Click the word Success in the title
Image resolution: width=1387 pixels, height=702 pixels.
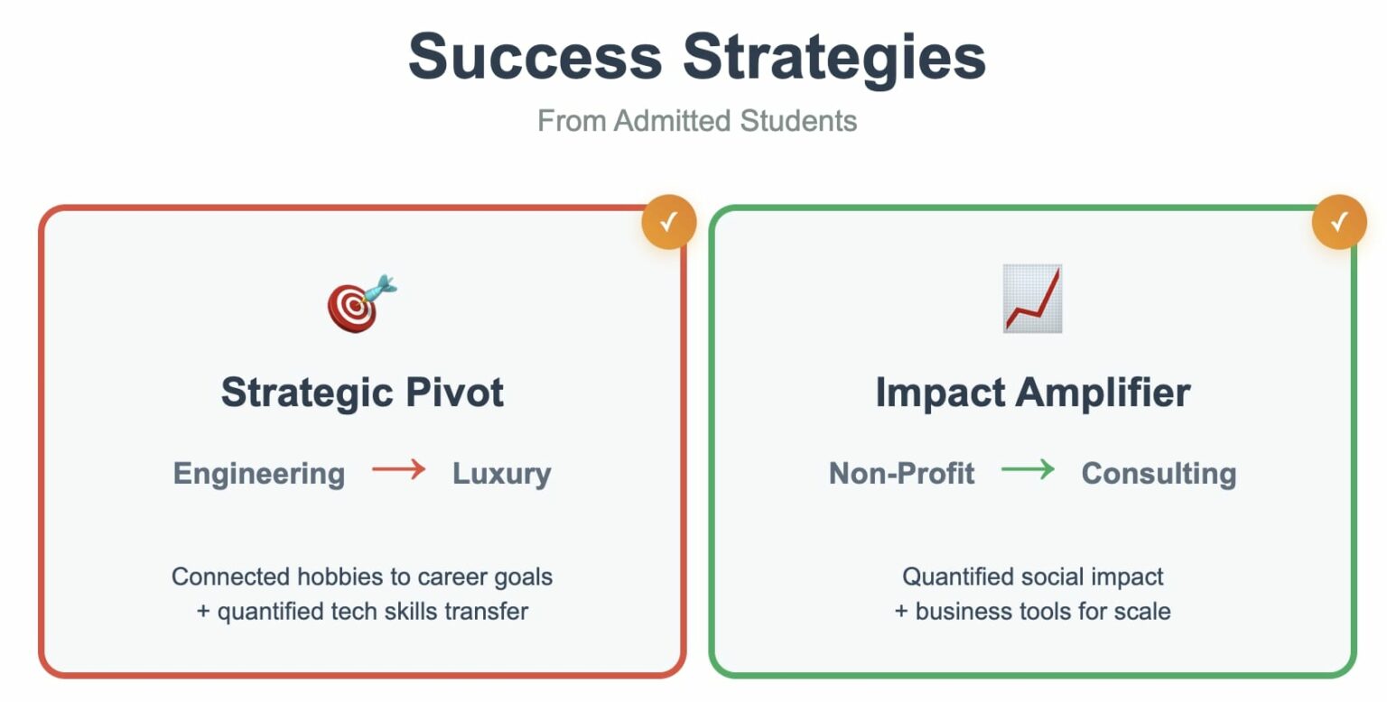535,57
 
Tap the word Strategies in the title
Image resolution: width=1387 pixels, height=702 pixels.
834,60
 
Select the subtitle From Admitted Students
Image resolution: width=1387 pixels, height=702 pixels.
697,121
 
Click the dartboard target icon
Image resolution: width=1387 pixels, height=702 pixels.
362,303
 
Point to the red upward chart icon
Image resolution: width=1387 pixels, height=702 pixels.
1033,298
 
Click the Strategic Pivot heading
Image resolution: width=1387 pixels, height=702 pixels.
362,393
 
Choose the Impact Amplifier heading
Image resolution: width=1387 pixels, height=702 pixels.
1033,393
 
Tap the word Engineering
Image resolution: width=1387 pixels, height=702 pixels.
259,475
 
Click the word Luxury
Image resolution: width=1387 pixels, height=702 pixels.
501,475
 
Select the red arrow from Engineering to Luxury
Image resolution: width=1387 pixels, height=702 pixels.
399,469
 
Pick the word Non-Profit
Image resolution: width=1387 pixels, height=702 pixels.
901,474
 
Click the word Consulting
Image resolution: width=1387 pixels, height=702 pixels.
1159,475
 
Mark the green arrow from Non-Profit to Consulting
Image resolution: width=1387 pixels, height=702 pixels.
1028,469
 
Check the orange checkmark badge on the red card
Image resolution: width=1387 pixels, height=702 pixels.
669,222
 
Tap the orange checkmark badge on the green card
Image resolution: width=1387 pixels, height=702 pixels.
1339,222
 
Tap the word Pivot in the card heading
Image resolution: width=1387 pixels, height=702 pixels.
454,393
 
